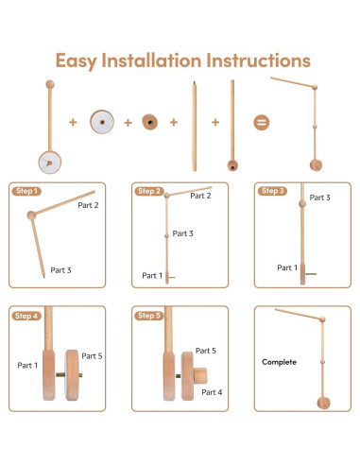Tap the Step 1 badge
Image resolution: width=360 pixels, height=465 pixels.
pyautogui.click(x=26, y=191)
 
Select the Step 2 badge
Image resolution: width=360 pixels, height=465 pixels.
pyautogui.click(x=149, y=191)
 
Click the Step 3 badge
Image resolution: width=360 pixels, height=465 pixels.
pyautogui.click(x=272, y=191)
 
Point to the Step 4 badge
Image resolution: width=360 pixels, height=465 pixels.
pyautogui.click(x=26, y=316)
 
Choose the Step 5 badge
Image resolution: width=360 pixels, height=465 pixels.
pyautogui.click(x=149, y=316)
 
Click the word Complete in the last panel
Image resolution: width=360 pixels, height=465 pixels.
pyautogui.click(x=279, y=362)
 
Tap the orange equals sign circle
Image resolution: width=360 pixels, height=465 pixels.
pyautogui.click(x=262, y=122)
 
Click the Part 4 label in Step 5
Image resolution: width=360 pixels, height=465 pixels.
pyautogui.click(x=212, y=392)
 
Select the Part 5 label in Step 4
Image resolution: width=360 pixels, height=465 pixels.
pyautogui.click(x=92, y=356)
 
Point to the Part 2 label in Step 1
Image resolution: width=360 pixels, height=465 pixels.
pyautogui.click(x=88, y=205)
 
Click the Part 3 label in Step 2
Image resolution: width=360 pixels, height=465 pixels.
pyautogui.click(x=182, y=233)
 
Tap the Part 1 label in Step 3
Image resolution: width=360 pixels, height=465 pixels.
pyautogui.click(x=287, y=267)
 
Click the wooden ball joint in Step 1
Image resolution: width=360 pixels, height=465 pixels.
pyautogui.click(x=31, y=215)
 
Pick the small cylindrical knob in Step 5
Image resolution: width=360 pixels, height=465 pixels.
pyautogui.click(x=200, y=375)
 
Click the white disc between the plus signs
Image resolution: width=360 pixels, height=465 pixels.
pyautogui.click(x=102, y=122)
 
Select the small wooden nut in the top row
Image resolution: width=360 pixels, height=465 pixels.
pyautogui.click(x=149, y=122)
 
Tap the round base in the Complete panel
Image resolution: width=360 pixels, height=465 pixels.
pyautogui.click(x=324, y=403)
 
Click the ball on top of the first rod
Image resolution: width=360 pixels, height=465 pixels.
pyautogui.click(x=50, y=84)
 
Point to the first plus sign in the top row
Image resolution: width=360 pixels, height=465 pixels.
pyautogui.click(x=73, y=122)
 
